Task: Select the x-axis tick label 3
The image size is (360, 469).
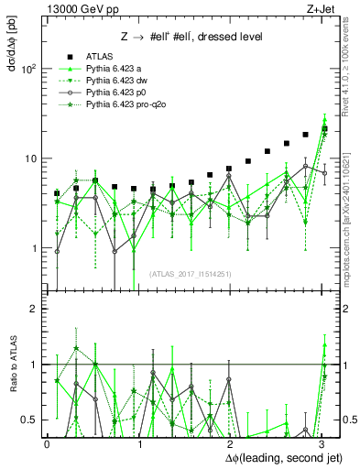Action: [x=322, y=443]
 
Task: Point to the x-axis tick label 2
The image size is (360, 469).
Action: [x=230, y=443]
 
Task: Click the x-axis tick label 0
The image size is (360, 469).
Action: [x=47, y=443]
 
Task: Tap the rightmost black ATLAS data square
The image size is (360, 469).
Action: [x=325, y=129]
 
